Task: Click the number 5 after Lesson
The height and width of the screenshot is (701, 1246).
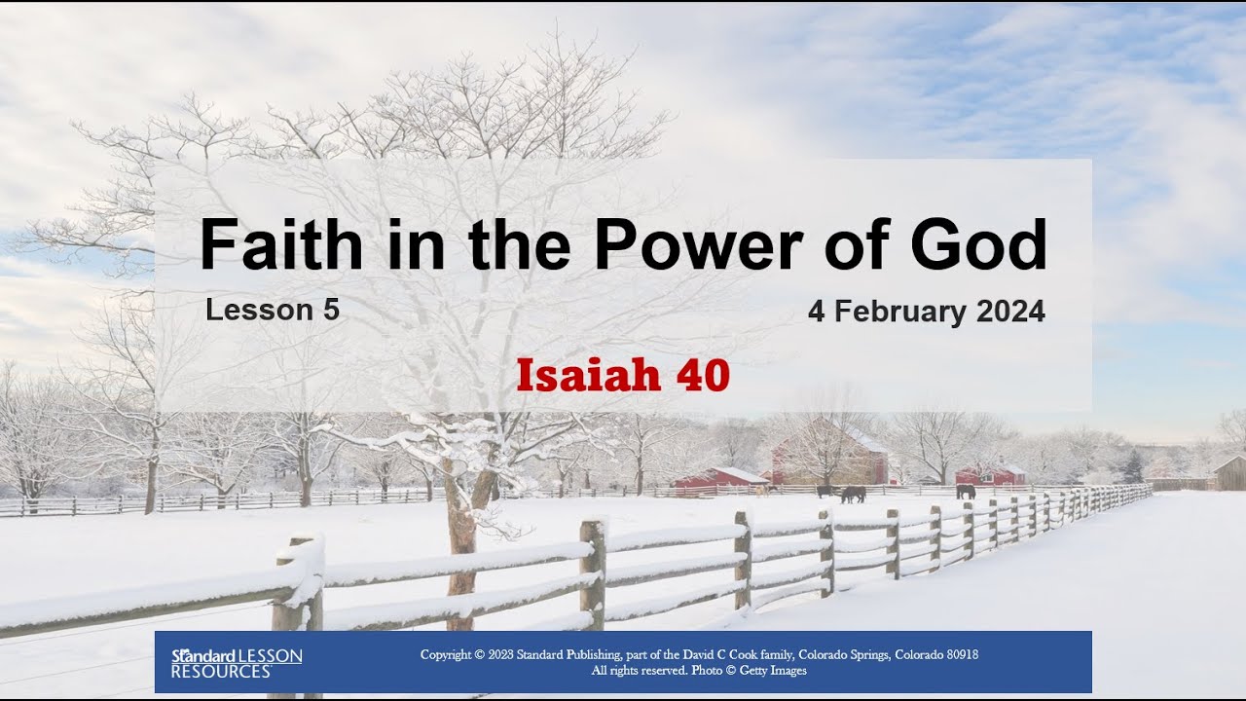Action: coord(331,310)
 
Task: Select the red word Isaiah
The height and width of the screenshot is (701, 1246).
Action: coord(587,376)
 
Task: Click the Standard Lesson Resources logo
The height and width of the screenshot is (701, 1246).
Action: coord(237,662)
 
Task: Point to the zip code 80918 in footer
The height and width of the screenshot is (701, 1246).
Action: coord(956,654)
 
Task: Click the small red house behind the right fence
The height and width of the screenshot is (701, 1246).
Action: coord(991,474)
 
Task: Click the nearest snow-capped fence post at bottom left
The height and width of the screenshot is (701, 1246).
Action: coord(299,613)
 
